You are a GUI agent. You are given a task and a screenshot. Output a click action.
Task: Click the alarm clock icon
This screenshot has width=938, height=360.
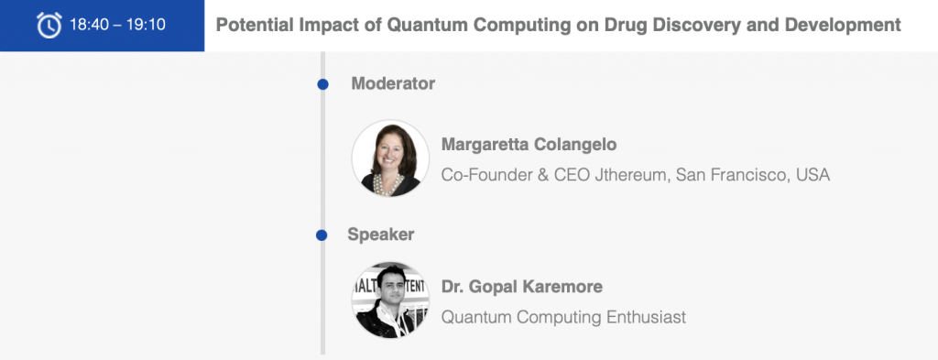(49, 25)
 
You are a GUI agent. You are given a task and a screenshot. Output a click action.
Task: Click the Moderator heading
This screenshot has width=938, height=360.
(393, 83)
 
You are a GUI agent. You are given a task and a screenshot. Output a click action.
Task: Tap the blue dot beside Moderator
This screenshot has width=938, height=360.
(323, 84)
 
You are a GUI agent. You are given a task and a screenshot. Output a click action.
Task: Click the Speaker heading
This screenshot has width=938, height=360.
(380, 235)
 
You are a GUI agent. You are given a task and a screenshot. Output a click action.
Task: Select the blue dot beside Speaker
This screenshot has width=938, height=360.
(322, 235)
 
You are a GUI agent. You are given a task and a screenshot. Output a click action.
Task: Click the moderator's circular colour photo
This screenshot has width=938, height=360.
(390, 158)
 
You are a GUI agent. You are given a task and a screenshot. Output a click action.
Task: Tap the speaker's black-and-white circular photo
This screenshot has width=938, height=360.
(390, 300)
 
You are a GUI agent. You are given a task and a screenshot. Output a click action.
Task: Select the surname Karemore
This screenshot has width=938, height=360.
(562, 287)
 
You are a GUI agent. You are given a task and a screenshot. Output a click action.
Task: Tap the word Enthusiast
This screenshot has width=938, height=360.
(646, 317)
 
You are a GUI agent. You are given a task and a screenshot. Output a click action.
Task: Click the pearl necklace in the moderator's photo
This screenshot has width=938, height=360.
(387, 183)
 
